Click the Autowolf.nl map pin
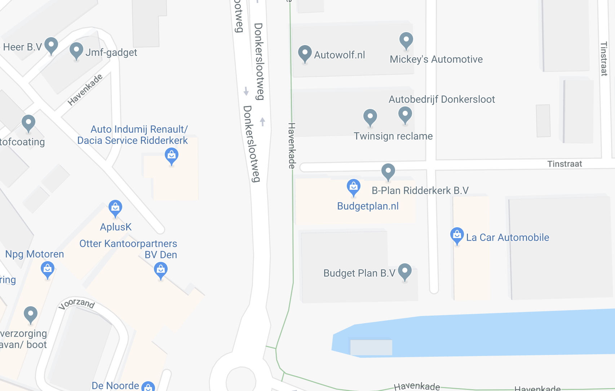[x=305, y=53]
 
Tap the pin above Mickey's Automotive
[x=406, y=40]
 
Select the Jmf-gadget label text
[x=111, y=53]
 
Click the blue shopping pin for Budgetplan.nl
[x=353, y=187]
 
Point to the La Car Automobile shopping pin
[x=457, y=235]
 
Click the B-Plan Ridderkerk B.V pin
[x=388, y=171]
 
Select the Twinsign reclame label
[x=393, y=136]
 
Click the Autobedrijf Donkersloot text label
[x=442, y=99]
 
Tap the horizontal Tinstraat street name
[x=564, y=164]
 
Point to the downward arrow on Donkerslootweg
[x=246, y=91]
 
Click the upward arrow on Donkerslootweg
[x=262, y=122]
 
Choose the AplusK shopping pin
[x=115, y=208]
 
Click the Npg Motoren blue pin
[x=48, y=269]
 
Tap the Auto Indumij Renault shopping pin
[x=172, y=156]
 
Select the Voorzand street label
[x=77, y=303]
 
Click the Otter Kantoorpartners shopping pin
[x=161, y=270]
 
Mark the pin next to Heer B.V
[x=51, y=45]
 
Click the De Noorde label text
[x=115, y=386]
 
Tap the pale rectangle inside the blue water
[x=371, y=347]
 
